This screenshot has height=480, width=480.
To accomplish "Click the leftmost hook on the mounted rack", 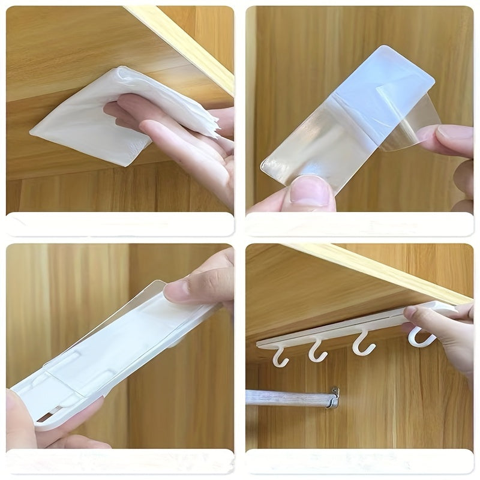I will pyautogui.click(x=280, y=358).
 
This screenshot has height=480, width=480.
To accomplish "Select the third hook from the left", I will pyautogui.click(x=362, y=346).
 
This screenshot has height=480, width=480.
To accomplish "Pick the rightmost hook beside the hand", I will pyautogui.click(x=420, y=337).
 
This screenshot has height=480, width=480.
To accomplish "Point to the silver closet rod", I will pyautogui.click(x=288, y=398).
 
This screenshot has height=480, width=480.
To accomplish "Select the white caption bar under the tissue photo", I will pyautogui.click(x=120, y=224).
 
